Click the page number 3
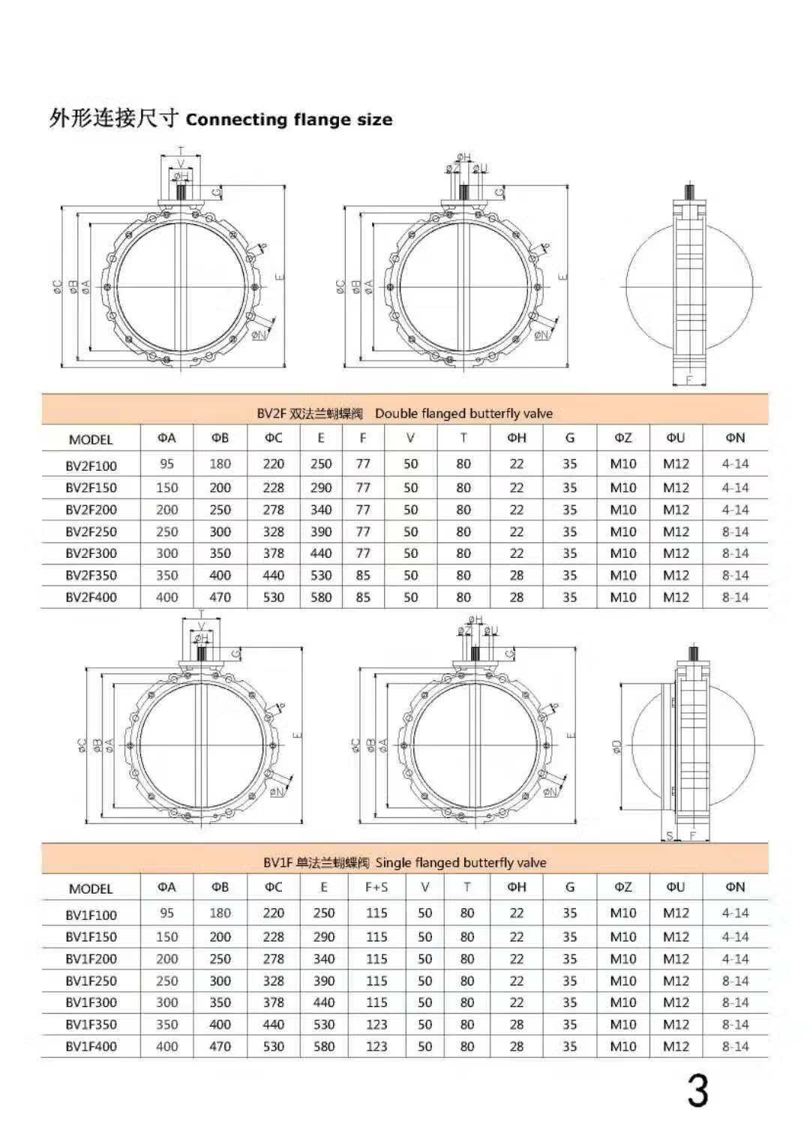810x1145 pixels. tap(697, 1092)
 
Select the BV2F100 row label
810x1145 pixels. tap(91, 465)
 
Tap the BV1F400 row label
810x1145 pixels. tap(91, 1046)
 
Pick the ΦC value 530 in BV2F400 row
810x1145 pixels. tap(274, 598)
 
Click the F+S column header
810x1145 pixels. tap(376, 887)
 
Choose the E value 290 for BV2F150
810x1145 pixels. tap(321, 487)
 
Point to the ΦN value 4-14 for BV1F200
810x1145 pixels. tap(735, 958)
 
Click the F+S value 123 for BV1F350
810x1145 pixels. tap(376, 1024)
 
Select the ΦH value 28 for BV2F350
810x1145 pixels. tap(517, 575)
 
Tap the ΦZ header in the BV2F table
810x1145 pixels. tap(623, 438)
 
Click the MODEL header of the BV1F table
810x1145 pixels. tap(91, 889)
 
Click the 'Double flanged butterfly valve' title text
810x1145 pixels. tap(463, 413)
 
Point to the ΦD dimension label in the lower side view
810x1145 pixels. tap(616, 746)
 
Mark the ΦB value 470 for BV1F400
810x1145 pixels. tap(220, 1046)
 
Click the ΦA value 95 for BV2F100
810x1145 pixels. tap(166, 464)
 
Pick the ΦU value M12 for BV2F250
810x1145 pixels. tap(676, 532)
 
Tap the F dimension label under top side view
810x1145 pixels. tap(689, 380)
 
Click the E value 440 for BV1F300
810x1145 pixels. tap(324, 1003)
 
